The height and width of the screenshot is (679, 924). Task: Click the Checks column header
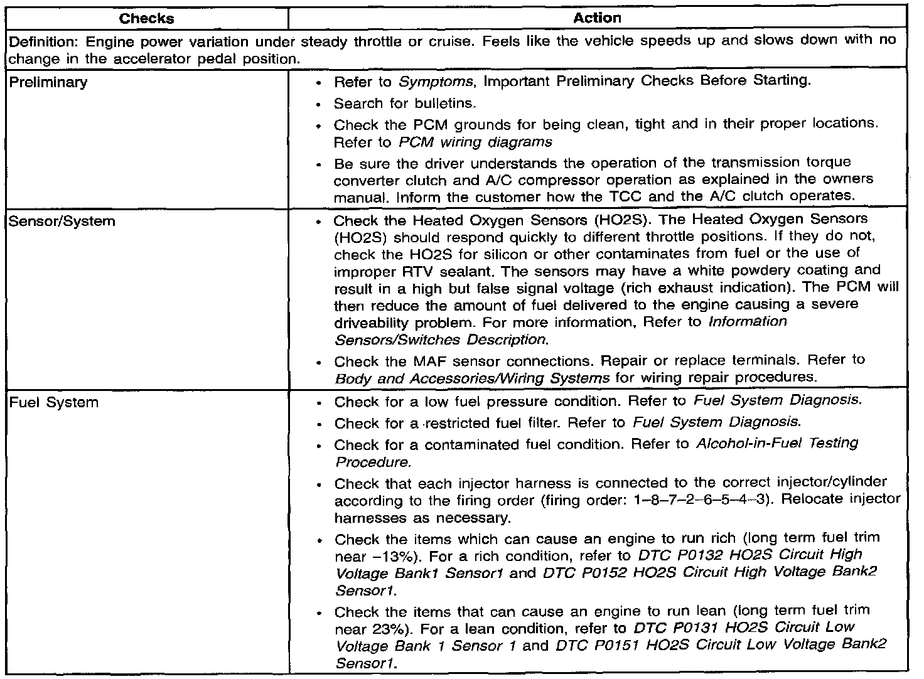point(147,18)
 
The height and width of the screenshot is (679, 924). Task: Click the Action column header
point(597,18)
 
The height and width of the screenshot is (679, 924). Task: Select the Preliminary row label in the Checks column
point(48,82)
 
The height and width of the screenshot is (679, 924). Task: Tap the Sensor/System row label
point(62,221)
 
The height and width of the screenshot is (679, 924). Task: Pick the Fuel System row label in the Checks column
point(54,402)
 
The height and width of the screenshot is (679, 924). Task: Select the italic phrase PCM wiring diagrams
point(475,142)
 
